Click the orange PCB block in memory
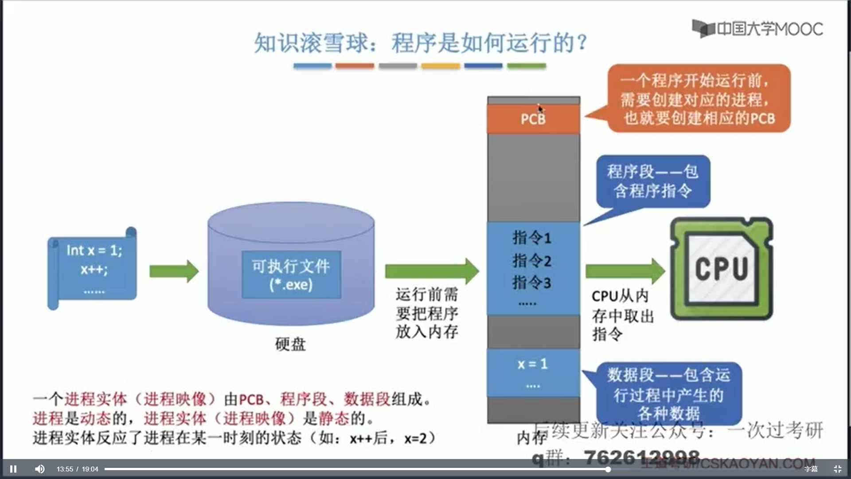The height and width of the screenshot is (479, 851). click(x=533, y=119)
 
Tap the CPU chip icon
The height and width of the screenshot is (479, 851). click(x=722, y=268)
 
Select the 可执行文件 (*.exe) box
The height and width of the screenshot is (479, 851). click(x=291, y=275)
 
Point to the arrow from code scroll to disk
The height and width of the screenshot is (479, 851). click(x=173, y=271)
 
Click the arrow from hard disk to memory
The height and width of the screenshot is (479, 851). click(x=431, y=271)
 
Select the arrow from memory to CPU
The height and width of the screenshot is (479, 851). click(x=625, y=271)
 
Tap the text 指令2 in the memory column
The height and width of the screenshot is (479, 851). click(x=532, y=260)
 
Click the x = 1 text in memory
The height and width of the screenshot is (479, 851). click(x=532, y=364)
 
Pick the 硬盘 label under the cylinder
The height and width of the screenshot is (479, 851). click(x=290, y=344)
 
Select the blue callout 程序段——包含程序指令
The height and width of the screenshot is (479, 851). click(x=652, y=181)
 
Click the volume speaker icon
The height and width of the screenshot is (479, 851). click(x=40, y=469)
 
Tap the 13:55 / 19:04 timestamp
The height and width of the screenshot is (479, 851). click(x=77, y=469)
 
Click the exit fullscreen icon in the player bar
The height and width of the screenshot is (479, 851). click(x=837, y=469)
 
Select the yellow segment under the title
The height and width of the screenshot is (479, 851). click(x=440, y=66)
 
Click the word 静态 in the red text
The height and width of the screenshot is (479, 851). click(x=334, y=418)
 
